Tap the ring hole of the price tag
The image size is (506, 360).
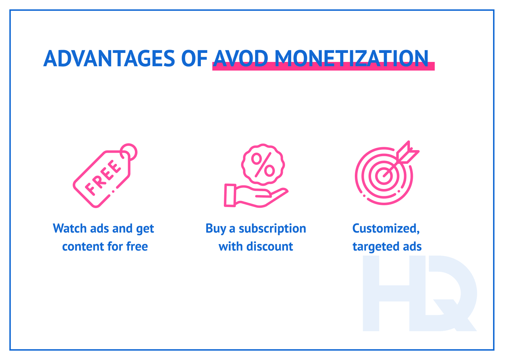pyautogui.click(x=129, y=152)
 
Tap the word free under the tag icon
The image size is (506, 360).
pyautogui.click(x=137, y=247)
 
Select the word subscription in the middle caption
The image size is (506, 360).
pyautogui.click(x=272, y=229)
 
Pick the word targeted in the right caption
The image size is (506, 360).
pyautogui.click(x=375, y=247)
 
